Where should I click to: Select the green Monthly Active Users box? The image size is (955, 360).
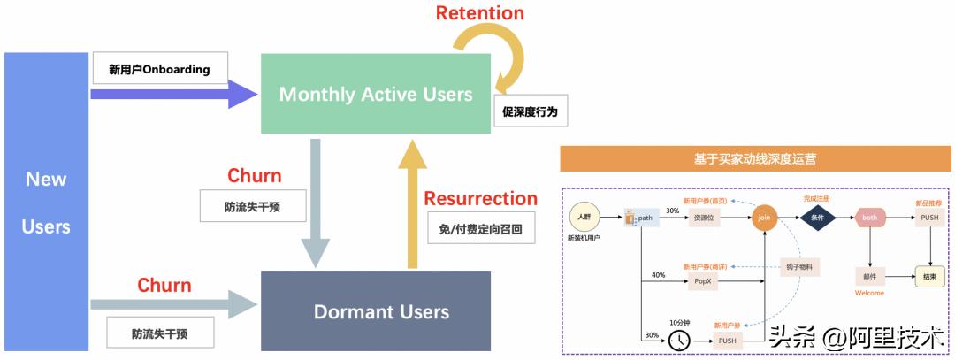(376, 94)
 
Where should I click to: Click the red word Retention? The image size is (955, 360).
(480, 13)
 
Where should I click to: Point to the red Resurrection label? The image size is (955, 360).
(480, 198)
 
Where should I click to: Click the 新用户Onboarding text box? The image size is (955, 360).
(159, 68)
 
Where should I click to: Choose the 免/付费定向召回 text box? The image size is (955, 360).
(481, 229)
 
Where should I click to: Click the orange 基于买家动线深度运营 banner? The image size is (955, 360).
(755, 159)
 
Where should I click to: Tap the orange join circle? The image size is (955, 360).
(764, 218)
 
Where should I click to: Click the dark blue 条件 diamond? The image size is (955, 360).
(817, 218)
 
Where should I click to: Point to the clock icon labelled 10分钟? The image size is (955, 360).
(678, 339)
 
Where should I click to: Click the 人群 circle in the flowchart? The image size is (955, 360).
(584, 218)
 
